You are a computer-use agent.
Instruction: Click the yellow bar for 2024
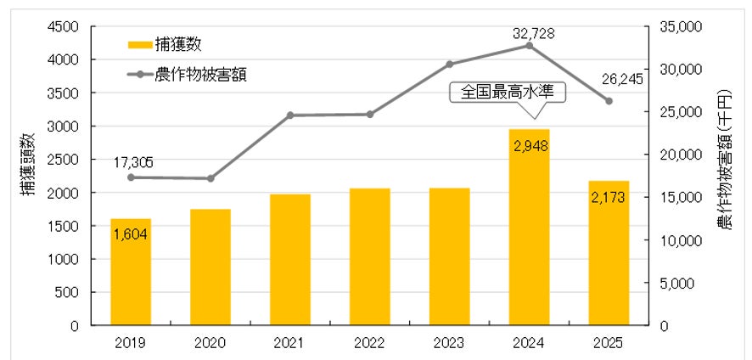click(x=529, y=227)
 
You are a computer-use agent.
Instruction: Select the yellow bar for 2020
click(x=210, y=267)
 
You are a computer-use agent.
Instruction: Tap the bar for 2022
click(x=370, y=256)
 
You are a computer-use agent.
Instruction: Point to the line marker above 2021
click(x=290, y=115)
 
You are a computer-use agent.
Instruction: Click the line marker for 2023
click(x=449, y=65)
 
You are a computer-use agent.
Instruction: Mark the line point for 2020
click(x=210, y=178)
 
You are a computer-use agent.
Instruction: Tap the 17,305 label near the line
click(x=133, y=163)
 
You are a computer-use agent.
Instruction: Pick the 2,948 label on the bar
click(x=530, y=145)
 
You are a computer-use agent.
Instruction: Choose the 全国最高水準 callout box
click(x=508, y=92)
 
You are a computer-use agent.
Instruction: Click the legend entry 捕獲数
click(x=165, y=45)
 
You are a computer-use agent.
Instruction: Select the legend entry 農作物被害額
click(x=187, y=75)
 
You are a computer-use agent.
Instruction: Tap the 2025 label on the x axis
click(x=609, y=343)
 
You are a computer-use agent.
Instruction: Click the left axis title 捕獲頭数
click(x=28, y=164)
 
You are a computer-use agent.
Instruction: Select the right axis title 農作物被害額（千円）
click(x=725, y=160)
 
